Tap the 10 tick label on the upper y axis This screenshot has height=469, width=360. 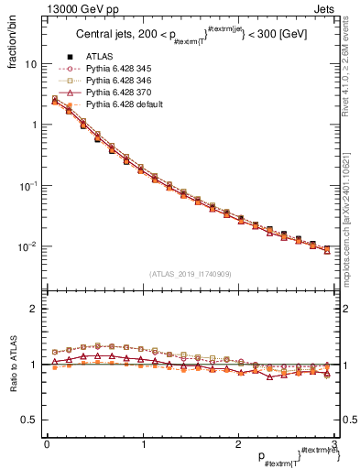30,65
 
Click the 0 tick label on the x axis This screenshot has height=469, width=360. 47,445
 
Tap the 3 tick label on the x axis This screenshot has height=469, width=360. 333,445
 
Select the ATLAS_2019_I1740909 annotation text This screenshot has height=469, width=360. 190,274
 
